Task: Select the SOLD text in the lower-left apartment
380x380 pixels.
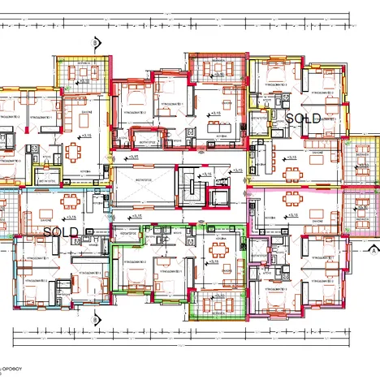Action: pos(60,231)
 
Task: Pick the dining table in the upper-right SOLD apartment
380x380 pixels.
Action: pos(291,172)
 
